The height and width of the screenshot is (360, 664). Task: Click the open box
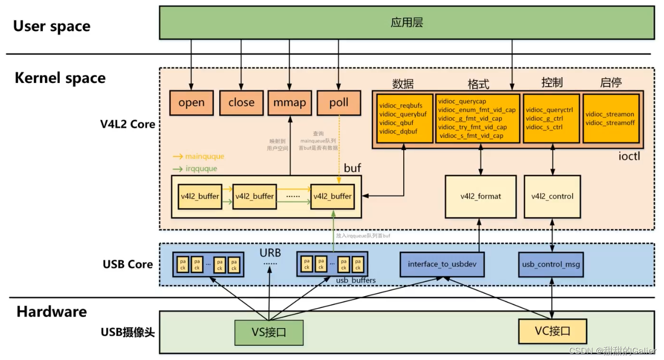point(192,103)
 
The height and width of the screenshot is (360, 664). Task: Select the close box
point(241,103)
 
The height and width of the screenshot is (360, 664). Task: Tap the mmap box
point(290,103)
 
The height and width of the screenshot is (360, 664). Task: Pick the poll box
point(339,103)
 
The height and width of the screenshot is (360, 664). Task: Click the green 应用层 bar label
point(407,23)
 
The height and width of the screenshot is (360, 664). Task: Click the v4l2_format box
point(480,196)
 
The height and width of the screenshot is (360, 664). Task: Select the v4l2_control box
point(552,196)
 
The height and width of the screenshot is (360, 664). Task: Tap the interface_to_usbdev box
point(442,264)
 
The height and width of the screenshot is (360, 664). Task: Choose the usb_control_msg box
point(552,264)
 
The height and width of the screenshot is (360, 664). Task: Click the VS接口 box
point(269,332)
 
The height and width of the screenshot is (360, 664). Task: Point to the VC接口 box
point(553,330)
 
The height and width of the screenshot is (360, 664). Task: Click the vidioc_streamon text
point(610,114)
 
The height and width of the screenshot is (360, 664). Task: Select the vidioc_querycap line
point(462,101)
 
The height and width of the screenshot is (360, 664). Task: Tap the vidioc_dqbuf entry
point(398,131)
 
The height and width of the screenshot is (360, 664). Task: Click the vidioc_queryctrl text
point(549,110)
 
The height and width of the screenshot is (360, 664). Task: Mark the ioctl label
point(629,155)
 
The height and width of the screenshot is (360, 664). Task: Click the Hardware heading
point(51,312)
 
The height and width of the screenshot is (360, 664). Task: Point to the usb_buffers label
point(356,280)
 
